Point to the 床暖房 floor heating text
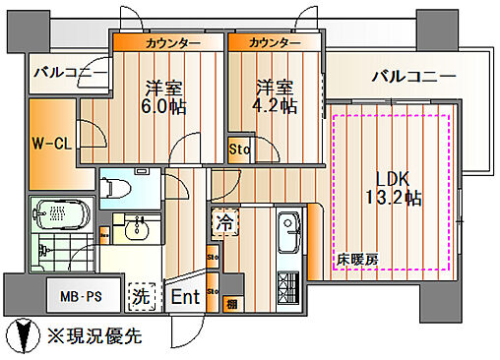pyautogui.click(x=356, y=261)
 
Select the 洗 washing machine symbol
pyautogui.click(x=140, y=295)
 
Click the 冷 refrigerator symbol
pyautogui.click(x=223, y=222)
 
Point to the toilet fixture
pyautogui.click(x=119, y=183)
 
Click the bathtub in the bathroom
pyautogui.click(x=62, y=213)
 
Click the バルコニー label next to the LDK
pyautogui.click(x=411, y=76)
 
